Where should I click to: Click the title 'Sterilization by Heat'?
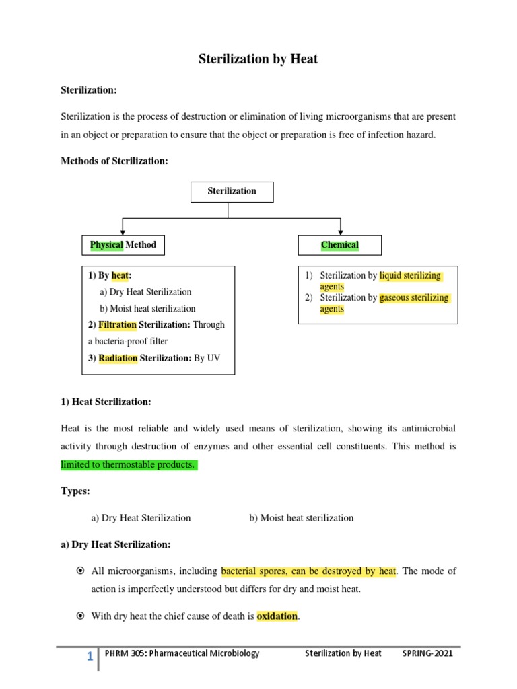point(258,59)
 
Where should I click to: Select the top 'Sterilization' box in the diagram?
point(232,191)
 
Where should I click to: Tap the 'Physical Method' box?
point(123,245)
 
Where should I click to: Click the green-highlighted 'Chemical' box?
point(339,245)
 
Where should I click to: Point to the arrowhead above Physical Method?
point(123,230)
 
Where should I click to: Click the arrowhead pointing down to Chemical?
point(341,230)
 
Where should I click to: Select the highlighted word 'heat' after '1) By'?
point(120,276)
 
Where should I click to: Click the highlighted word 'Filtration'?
point(117,325)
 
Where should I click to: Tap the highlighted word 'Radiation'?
point(118,358)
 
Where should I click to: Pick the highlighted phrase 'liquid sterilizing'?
point(411,276)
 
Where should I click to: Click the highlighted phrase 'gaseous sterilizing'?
point(414,298)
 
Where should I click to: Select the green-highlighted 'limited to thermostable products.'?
point(128,465)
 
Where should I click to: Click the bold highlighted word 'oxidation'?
point(277,616)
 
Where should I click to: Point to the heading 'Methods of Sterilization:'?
point(114,161)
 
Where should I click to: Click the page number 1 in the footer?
point(90,657)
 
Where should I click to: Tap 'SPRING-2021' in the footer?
point(427,653)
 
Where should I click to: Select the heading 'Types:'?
point(75,491)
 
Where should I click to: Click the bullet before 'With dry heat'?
point(79,616)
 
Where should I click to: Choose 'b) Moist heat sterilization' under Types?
point(301,518)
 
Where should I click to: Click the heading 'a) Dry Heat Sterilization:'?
point(116,544)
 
